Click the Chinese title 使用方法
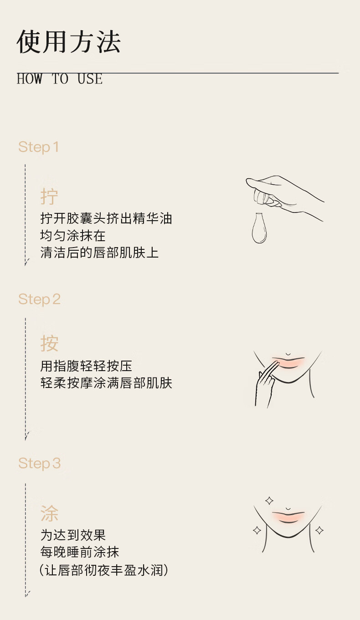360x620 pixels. [69, 41]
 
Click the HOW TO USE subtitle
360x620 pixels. [60, 79]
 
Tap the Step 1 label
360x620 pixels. [38, 147]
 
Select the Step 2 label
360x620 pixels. [39, 300]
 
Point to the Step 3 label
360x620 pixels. [39, 463]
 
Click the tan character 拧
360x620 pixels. [49, 196]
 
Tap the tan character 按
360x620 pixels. [49, 343]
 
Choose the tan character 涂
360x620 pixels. [49, 513]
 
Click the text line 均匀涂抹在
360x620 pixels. [73, 236]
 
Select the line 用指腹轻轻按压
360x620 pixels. [86, 366]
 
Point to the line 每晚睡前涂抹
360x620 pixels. [80, 552]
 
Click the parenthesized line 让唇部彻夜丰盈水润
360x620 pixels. [104, 570]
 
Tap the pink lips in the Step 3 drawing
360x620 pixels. [288, 517]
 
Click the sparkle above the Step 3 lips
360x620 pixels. [269, 501]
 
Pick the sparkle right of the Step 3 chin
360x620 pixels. [319, 530]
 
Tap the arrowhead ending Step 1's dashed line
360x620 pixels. [26, 262]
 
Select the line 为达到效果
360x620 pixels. [73, 535]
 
